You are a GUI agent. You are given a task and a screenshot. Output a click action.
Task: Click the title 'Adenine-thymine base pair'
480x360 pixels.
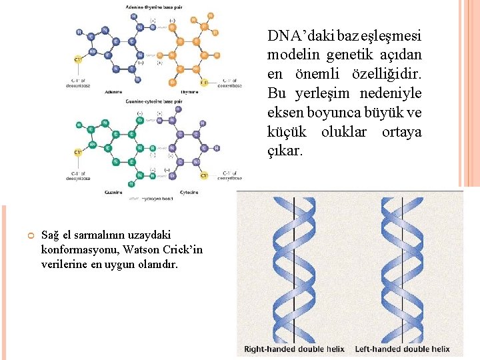pos(154,7)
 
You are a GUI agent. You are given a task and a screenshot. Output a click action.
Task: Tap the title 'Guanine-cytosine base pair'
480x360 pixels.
pos(154,101)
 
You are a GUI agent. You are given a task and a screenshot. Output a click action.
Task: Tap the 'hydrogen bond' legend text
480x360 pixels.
pos(157,199)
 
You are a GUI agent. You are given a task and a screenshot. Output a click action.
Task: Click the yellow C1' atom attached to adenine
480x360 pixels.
pos(78,60)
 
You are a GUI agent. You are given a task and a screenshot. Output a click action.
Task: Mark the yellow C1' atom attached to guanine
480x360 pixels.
pos(78,152)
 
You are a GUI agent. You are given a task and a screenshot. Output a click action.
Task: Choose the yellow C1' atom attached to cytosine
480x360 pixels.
pos(204,175)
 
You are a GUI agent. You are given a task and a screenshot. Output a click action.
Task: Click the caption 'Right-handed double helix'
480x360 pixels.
pos(293,349)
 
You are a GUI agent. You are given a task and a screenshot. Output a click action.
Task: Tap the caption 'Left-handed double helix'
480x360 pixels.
pos(402,349)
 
